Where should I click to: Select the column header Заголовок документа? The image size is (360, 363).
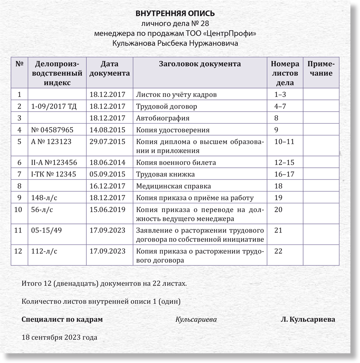[x=200, y=64]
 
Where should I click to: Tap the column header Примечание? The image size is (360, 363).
[x=321, y=69]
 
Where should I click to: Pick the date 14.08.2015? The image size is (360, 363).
[x=108, y=130]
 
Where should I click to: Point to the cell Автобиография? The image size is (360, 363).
[x=163, y=118]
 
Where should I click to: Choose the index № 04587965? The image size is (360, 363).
[x=52, y=130]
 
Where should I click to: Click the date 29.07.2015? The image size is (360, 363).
[x=108, y=142]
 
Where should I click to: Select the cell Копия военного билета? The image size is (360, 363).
[x=176, y=163]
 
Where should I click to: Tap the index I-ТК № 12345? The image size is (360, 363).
[x=54, y=174]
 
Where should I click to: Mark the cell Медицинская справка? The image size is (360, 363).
[x=173, y=186]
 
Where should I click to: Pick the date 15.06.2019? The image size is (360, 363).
[x=108, y=210]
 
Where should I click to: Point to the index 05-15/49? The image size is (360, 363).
[x=46, y=231]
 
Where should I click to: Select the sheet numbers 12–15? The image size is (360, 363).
[x=284, y=163]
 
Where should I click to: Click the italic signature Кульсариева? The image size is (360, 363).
[x=196, y=319]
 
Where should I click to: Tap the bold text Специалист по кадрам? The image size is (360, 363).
[x=62, y=319]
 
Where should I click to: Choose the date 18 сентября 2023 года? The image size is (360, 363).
[x=59, y=337]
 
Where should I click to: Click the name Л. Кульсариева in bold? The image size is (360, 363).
[x=308, y=319]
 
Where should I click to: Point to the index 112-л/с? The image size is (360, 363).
[x=44, y=252]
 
